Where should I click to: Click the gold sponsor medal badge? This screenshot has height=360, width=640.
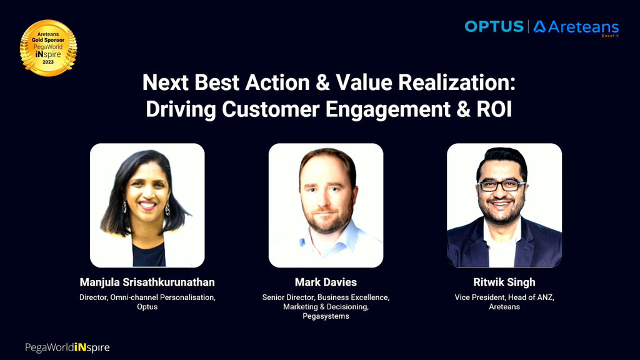[x=48, y=47]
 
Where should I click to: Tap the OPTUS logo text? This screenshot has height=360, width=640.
[x=494, y=26]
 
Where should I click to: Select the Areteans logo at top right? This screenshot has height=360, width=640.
[x=576, y=27]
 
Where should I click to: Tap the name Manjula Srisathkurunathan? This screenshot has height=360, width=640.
[x=147, y=282]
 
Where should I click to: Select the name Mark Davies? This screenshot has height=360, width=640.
[x=326, y=282]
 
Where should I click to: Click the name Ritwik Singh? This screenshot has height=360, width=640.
[x=504, y=282]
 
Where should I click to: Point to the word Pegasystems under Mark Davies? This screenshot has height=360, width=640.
[x=326, y=316]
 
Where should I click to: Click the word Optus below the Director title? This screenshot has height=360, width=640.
[x=147, y=306]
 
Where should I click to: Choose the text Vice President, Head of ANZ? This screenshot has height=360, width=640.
[x=504, y=297]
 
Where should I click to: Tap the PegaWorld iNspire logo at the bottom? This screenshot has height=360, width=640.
[x=67, y=347]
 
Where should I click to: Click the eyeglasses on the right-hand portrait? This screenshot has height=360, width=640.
[x=501, y=186]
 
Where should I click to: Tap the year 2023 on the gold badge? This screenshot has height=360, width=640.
[x=48, y=62]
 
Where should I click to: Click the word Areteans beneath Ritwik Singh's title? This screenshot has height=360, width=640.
[x=504, y=307]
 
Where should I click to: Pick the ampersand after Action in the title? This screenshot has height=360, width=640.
[x=323, y=82]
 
